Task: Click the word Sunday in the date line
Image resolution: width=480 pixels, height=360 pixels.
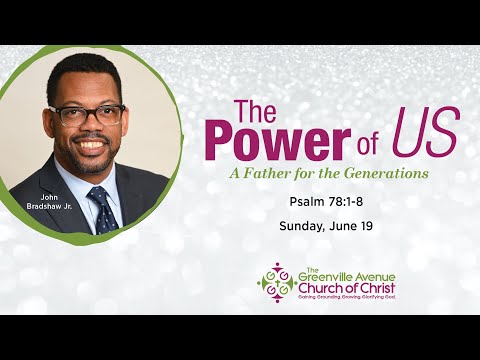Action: coord(294,227)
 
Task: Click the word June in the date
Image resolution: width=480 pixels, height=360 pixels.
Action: coord(337,227)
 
